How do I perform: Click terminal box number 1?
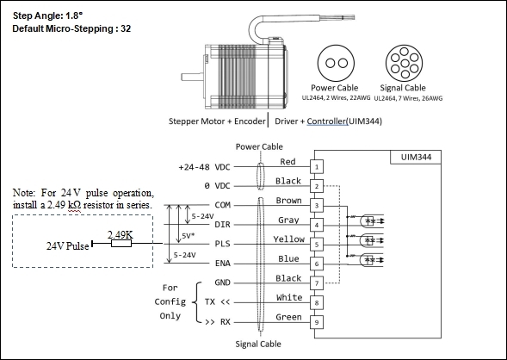click(x=317, y=167)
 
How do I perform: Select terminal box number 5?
click(x=317, y=245)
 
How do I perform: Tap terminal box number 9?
click(x=317, y=322)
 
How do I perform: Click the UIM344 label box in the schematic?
click(x=416, y=158)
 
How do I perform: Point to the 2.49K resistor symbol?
click(x=121, y=243)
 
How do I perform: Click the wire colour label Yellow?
click(x=288, y=239)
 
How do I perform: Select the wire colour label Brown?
click(x=288, y=201)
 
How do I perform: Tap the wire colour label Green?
click(x=288, y=317)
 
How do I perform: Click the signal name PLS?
click(x=222, y=244)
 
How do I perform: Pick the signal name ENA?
click(x=222, y=264)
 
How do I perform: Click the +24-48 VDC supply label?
click(x=204, y=167)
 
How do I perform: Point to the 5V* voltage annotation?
click(x=189, y=236)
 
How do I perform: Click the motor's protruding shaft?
click(x=193, y=77)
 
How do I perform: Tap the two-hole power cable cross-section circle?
click(x=336, y=63)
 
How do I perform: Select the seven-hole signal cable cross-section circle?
click(x=405, y=63)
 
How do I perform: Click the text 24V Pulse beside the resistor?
click(x=68, y=246)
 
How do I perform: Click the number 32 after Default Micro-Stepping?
click(x=126, y=28)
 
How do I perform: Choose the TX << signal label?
click(x=217, y=302)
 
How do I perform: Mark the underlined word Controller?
click(x=327, y=121)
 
